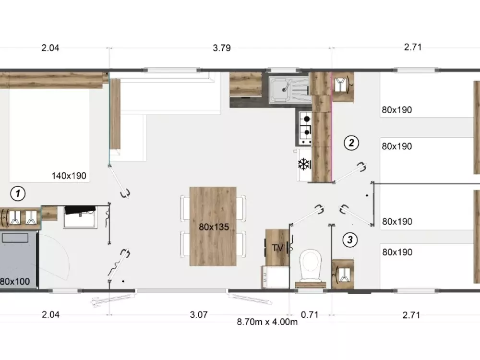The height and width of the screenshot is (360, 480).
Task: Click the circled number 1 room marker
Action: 18,193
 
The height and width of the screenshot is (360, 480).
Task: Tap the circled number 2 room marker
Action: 351,143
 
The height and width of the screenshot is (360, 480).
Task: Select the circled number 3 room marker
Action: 350,240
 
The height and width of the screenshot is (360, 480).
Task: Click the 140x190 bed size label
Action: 69,176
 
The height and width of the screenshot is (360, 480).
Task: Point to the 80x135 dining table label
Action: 214,227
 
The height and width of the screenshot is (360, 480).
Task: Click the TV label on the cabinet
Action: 277,247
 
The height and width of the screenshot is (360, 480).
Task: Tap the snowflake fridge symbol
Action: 304,164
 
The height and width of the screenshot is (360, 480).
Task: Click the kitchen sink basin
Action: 280,89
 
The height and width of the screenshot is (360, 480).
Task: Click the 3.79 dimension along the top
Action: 222,48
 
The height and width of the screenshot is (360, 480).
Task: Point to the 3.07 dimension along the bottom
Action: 199,314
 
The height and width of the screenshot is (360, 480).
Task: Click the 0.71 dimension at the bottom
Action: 310,314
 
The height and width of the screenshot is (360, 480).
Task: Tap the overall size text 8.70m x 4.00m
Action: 267,322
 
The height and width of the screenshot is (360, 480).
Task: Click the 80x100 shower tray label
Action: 15,281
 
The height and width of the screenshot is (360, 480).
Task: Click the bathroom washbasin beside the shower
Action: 80,217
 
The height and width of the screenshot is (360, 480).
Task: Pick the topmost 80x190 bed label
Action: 397,109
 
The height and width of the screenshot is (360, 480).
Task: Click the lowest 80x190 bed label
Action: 397,252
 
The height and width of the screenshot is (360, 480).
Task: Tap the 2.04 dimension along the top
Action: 50,48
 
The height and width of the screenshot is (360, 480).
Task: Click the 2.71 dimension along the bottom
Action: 411,315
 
